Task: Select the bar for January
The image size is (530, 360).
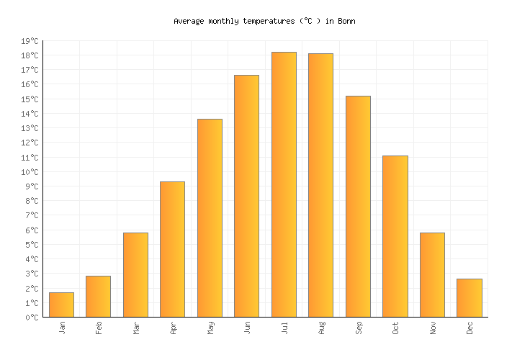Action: click(61, 305)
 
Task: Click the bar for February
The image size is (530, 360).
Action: click(98, 297)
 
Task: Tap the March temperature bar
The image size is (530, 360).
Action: click(135, 275)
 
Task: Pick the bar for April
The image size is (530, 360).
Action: click(172, 249)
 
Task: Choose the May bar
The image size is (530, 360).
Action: click(210, 218)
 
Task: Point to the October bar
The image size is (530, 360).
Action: click(395, 236)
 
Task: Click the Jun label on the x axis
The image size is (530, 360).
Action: click(247, 328)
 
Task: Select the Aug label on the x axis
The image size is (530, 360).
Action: click(321, 328)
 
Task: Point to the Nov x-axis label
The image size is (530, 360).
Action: click(432, 328)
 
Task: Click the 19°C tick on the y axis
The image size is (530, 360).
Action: click(31, 41)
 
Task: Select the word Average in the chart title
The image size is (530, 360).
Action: click(189, 22)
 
